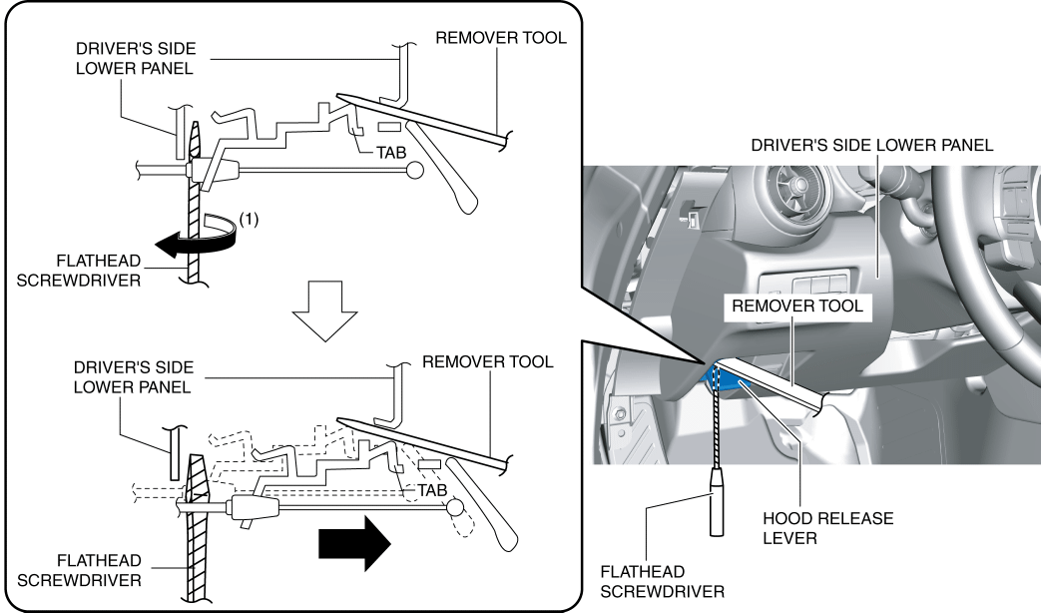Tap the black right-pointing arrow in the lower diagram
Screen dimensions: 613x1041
(x=354, y=543)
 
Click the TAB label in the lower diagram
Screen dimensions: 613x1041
(x=431, y=491)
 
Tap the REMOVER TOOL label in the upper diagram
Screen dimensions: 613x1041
(x=501, y=38)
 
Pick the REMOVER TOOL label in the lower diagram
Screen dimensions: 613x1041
(x=487, y=360)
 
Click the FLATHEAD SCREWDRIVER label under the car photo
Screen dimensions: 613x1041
(x=662, y=581)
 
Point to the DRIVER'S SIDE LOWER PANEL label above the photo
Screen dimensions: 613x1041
(x=872, y=145)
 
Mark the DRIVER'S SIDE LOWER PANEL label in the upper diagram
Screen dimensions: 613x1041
(x=134, y=59)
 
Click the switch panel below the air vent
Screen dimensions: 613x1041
(x=808, y=285)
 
